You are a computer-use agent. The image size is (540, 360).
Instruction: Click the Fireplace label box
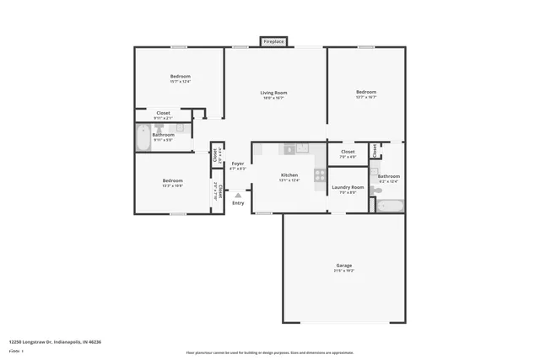coord(273,41)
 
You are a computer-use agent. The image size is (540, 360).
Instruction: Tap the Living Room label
coord(273,93)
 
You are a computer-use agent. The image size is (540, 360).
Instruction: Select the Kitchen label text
coord(289,175)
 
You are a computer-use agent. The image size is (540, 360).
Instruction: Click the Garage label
coord(343,266)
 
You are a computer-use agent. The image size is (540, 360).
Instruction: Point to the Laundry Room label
coord(348,187)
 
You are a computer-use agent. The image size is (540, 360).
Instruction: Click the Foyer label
coord(238,164)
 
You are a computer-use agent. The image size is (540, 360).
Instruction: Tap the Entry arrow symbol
coord(238,195)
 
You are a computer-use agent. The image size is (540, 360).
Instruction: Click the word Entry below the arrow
coord(238,202)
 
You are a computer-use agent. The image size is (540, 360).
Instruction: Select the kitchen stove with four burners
coord(320,175)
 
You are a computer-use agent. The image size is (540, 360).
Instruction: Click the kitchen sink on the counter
coord(289,149)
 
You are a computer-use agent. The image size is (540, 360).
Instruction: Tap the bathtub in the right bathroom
coord(391,205)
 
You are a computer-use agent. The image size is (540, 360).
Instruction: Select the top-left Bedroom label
coord(180,77)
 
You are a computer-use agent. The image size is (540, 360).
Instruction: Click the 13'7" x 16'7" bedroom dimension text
coord(365,98)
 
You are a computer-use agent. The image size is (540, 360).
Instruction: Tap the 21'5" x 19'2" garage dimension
coord(343,271)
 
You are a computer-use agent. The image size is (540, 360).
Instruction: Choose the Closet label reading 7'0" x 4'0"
coord(348,153)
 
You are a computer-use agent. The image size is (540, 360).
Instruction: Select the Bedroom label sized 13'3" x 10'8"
coord(172,182)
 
